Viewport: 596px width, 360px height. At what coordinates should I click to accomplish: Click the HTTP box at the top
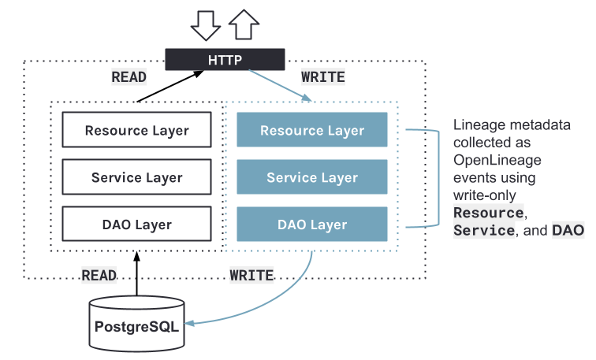pyautogui.click(x=225, y=59)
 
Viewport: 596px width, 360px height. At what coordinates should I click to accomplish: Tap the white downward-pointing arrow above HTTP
pyautogui.click(x=207, y=23)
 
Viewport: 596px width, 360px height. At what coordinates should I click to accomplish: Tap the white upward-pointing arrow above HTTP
pyautogui.click(x=244, y=23)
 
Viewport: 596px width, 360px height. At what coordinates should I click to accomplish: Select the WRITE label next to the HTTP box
pyautogui.click(x=323, y=77)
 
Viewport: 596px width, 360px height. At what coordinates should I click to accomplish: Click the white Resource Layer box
pyautogui.click(x=136, y=130)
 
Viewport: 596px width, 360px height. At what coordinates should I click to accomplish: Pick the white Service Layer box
pyautogui.click(x=136, y=177)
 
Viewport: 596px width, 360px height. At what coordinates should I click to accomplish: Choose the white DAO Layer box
pyautogui.click(x=136, y=225)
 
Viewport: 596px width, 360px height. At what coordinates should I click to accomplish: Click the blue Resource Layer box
pyautogui.click(x=312, y=130)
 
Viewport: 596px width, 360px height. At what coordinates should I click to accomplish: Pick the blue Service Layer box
pyautogui.click(x=312, y=177)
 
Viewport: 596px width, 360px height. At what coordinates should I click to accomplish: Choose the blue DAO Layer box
pyautogui.click(x=312, y=225)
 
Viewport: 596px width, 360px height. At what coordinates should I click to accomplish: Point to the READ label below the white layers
pyautogui.click(x=99, y=275)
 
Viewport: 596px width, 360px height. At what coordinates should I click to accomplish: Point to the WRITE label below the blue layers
pyautogui.click(x=251, y=275)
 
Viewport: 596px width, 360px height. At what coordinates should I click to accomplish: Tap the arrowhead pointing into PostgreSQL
pyautogui.click(x=189, y=322)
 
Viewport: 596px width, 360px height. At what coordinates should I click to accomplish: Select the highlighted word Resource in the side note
pyautogui.click(x=488, y=213)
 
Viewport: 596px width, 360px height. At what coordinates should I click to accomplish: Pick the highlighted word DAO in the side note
pyautogui.click(x=568, y=230)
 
